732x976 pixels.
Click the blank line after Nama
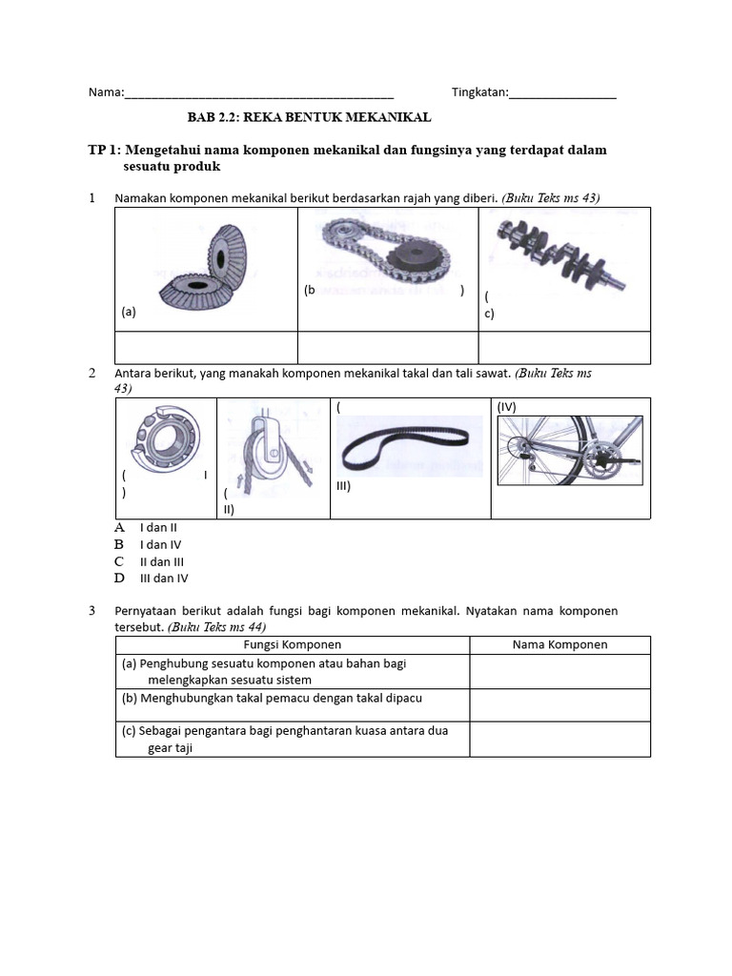click(258, 94)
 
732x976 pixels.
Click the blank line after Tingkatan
click(562, 94)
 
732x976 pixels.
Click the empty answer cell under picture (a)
click(206, 348)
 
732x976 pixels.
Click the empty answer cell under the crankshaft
click(564, 348)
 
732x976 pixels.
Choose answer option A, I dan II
click(158, 527)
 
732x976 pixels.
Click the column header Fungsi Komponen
click(292, 645)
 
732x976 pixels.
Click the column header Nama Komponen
click(559, 645)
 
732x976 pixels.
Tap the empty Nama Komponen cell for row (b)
click(559, 705)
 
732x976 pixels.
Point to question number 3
click(91, 611)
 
